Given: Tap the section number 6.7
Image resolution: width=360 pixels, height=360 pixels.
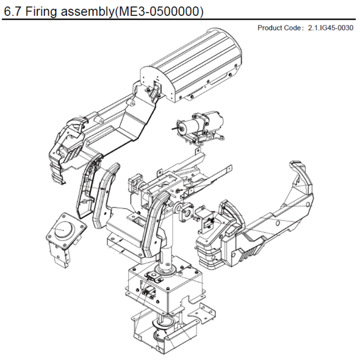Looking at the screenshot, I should point(13,12).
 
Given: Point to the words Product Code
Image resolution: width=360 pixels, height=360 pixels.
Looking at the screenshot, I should point(278,28).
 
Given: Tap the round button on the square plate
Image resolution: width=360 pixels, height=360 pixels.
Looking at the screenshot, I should point(62,230).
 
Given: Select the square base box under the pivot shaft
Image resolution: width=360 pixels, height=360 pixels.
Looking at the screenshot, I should point(165,287).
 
